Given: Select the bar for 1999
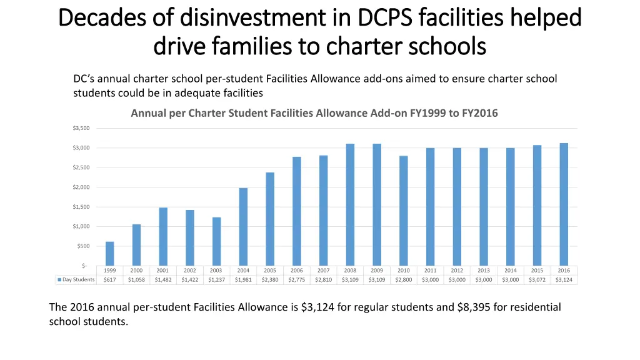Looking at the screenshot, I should (x=110, y=253).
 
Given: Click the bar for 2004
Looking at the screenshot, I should (x=244, y=226).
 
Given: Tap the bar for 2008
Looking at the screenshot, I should (x=350, y=204).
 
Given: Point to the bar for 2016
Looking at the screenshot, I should (x=564, y=204).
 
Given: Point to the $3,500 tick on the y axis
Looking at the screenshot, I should (x=82, y=128).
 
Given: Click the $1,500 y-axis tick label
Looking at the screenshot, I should (x=82, y=207).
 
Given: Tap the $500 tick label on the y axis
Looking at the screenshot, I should (x=84, y=246).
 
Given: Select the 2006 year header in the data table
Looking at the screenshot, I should (x=297, y=271).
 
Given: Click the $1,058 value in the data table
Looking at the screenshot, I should (x=136, y=280).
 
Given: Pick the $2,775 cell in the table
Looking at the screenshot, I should (x=297, y=280).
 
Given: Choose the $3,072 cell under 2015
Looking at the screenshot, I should (x=537, y=280).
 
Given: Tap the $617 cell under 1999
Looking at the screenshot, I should (x=110, y=280).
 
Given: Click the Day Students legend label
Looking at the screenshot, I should (x=79, y=280).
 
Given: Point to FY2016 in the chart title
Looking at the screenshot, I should (x=479, y=113).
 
